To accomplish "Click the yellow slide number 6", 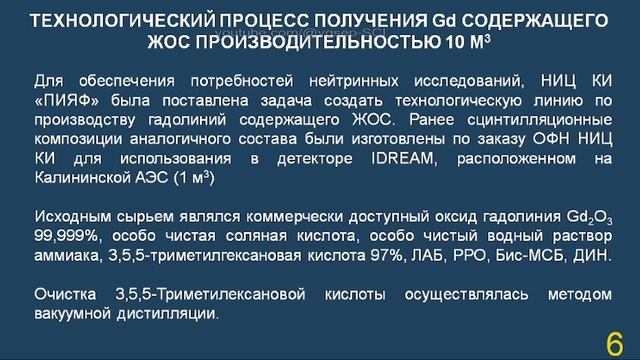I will [613, 343].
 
